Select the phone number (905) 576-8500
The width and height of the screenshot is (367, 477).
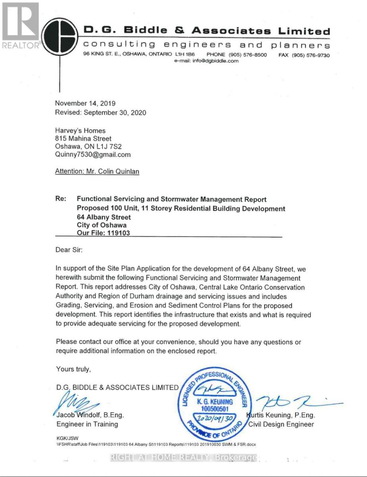tap(237, 55)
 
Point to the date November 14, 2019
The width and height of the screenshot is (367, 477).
tap(85, 103)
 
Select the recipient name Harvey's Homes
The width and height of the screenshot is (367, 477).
tap(81, 130)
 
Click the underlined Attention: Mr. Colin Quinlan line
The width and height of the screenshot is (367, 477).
tap(98, 172)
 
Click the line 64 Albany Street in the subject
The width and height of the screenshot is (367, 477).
tap(104, 217)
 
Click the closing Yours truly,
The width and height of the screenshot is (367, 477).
tap(73, 369)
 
